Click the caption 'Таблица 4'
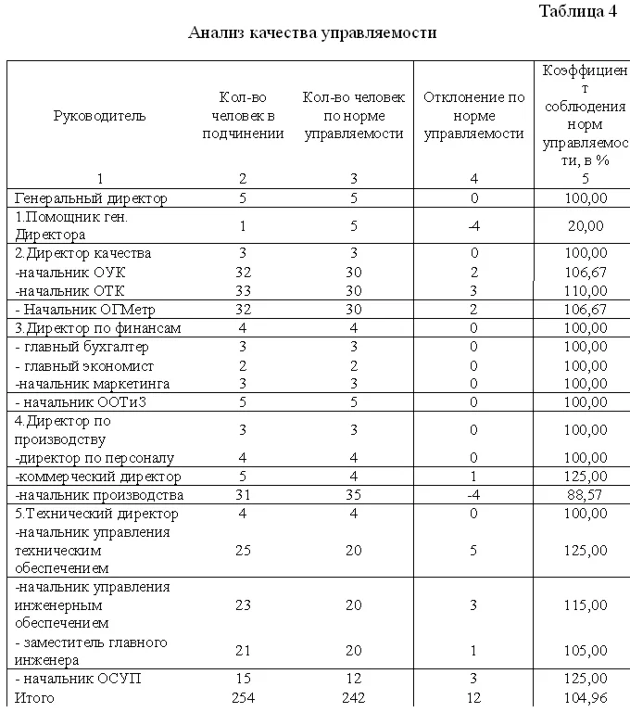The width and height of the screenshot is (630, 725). (x=577, y=12)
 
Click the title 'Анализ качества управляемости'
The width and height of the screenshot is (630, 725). (x=312, y=33)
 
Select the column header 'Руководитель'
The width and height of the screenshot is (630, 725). (x=100, y=116)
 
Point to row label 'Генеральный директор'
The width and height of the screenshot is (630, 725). (x=91, y=197)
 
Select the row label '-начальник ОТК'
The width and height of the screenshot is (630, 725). (x=70, y=290)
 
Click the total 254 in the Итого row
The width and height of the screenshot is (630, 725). (x=243, y=697)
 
